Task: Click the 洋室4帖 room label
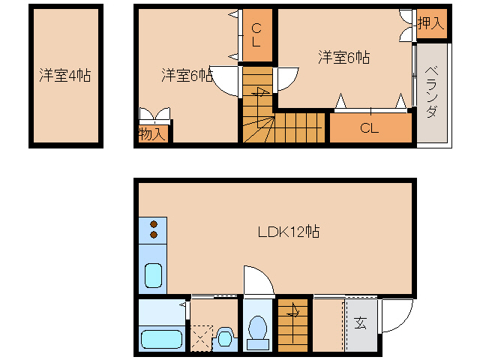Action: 65,76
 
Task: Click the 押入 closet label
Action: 430,22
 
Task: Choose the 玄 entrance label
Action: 360,323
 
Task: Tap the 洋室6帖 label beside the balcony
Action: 343,57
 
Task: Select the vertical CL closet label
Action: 256,35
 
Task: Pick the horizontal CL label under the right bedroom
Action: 369,127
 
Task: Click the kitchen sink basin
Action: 152,276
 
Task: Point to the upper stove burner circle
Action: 154,224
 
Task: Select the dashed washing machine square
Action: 200,337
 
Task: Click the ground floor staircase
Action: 292,324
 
